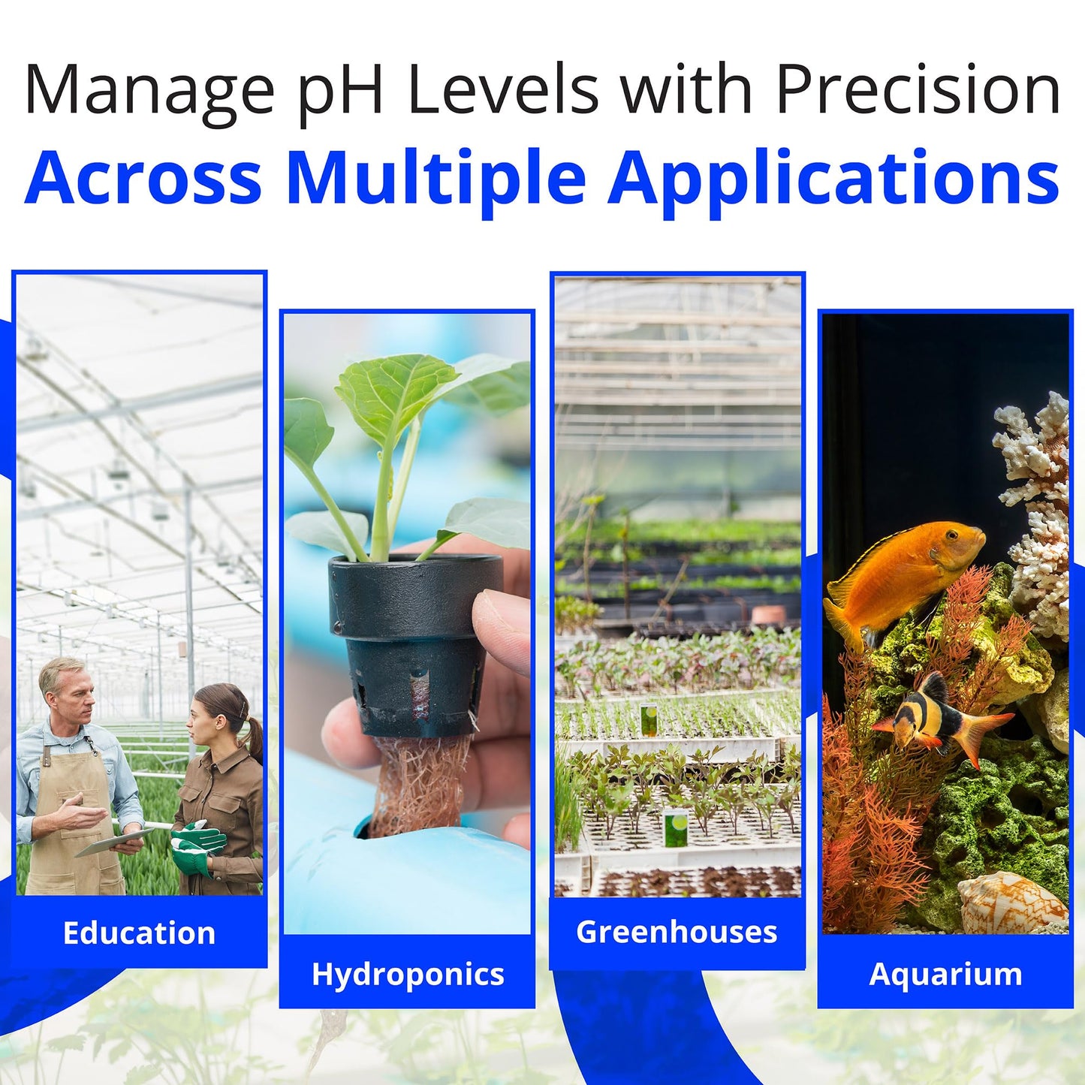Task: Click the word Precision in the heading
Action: [x=918, y=90]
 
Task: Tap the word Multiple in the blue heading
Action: [x=436, y=179]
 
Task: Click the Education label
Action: [x=139, y=933]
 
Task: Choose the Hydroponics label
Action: [x=407, y=974]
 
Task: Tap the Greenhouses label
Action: [x=677, y=932]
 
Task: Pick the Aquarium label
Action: [x=945, y=974]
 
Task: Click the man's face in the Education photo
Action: [x=73, y=691]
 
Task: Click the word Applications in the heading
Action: [x=833, y=179]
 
